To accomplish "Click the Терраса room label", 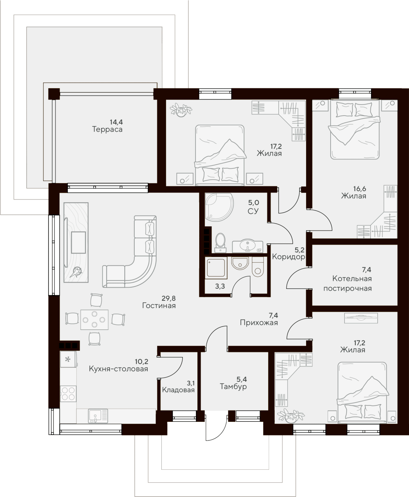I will click(x=107, y=129).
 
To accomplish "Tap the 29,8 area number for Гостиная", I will click(x=169, y=298).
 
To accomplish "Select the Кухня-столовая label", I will click(x=118, y=369).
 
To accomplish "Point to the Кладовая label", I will click(x=178, y=390).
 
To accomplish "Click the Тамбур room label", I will click(x=233, y=387).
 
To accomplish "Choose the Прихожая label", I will click(x=259, y=323).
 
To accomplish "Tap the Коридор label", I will click(x=288, y=257).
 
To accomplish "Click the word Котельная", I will click(x=352, y=279).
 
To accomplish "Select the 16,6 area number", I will click(x=359, y=189).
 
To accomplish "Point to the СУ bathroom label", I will click(x=253, y=211).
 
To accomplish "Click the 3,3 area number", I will click(x=220, y=287).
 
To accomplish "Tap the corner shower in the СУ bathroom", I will click(x=218, y=207).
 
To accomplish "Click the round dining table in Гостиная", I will click(x=94, y=319).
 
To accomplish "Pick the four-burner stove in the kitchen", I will click(x=68, y=394).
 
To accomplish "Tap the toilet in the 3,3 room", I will click(x=258, y=267).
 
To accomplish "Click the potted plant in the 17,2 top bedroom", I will click(x=181, y=109).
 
